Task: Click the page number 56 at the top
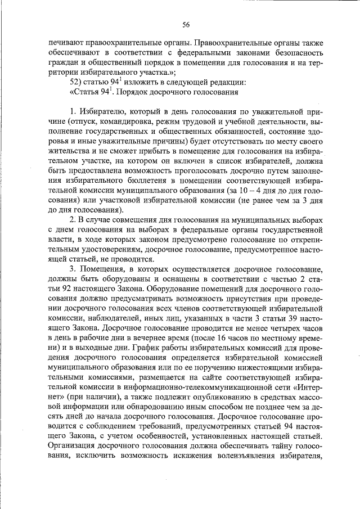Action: click(x=186, y=24)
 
